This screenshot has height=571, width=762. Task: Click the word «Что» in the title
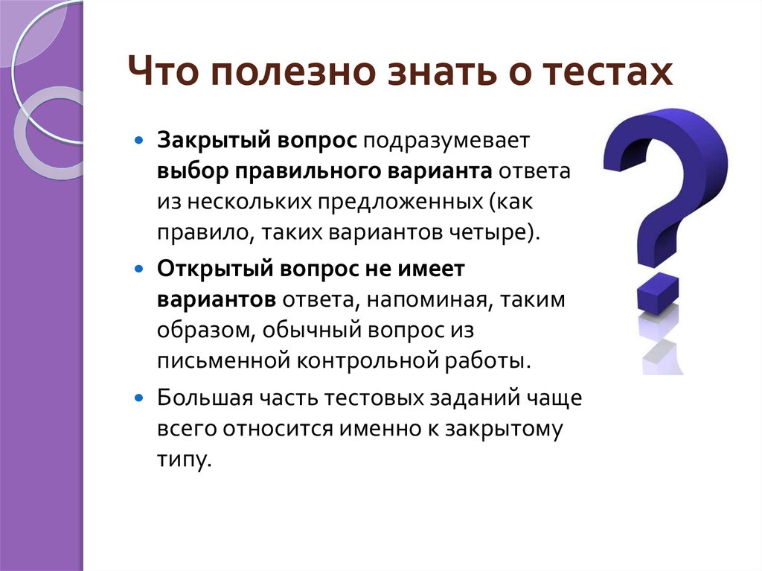(x=163, y=71)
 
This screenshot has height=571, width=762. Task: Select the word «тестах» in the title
(x=608, y=71)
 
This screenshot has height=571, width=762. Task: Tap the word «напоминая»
(x=426, y=299)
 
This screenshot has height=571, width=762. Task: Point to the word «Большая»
(x=205, y=398)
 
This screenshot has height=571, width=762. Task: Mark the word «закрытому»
(x=504, y=430)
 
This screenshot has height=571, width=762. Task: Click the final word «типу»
(x=185, y=459)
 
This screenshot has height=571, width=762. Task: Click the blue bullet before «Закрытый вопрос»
(x=139, y=141)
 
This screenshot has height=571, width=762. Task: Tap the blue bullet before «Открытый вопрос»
(x=139, y=269)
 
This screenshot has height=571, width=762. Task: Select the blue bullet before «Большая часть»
(x=139, y=398)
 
